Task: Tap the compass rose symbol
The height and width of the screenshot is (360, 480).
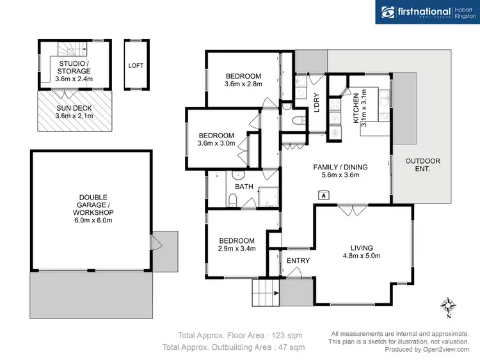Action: tap(449, 306)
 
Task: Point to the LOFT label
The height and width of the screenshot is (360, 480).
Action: tap(136, 65)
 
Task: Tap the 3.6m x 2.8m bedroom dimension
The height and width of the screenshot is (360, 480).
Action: tap(244, 84)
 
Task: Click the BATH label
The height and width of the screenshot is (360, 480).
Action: tap(244, 187)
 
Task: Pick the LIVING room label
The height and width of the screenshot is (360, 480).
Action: tap(362, 247)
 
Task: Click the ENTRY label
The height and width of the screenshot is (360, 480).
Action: tap(298, 260)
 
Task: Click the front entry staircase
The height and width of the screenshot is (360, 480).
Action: tap(265, 294)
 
